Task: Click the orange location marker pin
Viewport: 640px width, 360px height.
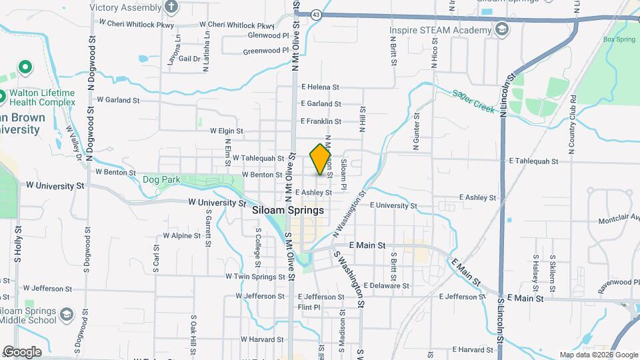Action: coord(321,159)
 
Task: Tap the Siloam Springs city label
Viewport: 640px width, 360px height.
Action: coord(289,210)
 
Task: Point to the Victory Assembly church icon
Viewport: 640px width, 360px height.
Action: coord(172,8)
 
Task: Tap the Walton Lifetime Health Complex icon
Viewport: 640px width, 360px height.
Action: coord(25,67)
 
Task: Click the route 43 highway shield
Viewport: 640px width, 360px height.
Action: coord(315,13)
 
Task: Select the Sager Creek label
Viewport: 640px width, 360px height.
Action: coord(473,102)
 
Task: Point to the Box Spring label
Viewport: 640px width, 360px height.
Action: coord(619,39)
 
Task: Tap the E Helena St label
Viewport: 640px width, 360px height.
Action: coord(320,87)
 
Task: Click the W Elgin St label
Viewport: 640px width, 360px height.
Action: coord(226,131)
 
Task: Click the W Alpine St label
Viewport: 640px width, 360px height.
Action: coord(181,236)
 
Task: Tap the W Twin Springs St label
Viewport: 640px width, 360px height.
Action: coord(250,276)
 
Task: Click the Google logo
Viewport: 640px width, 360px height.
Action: coord(21,351)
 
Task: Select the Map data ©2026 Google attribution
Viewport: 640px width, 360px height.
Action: coord(598,355)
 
